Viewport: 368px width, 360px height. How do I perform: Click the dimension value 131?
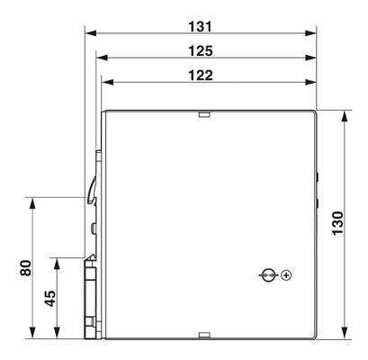tap(200, 26)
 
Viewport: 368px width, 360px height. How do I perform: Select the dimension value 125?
tap(201, 51)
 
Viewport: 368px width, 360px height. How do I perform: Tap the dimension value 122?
tap(201, 76)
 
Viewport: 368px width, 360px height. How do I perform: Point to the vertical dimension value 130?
tap(338, 223)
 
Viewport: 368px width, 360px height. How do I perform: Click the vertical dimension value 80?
tap(26, 268)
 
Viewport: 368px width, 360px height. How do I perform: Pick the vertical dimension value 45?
tap(50, 299)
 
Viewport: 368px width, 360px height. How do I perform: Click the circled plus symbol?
tap(286, 275)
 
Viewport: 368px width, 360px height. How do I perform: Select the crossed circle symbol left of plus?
tap(268, 275)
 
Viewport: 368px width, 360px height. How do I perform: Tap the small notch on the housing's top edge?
tap(204, 114)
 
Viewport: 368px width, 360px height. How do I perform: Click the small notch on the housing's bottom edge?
tap(204, 336)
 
